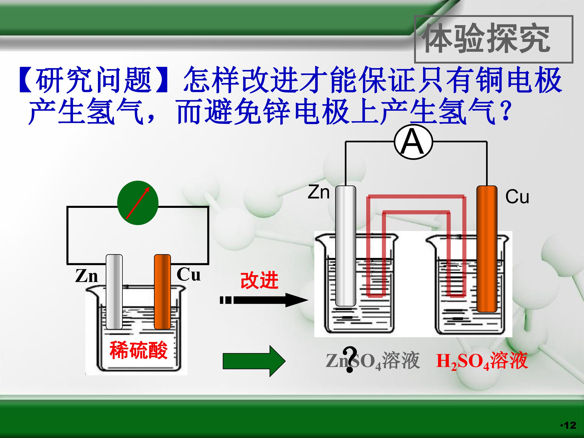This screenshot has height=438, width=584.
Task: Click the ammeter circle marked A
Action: point(413,142)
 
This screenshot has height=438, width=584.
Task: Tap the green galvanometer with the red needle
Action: point(138,203)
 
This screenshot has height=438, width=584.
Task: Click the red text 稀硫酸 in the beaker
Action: point(138,350)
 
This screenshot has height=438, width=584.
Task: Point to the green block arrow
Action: point(254,361)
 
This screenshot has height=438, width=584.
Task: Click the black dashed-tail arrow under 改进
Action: point(264,300)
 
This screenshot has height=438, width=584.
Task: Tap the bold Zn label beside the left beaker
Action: point(86,276)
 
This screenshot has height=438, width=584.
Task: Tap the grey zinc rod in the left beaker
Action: point(114,292)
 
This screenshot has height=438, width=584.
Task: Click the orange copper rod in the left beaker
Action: point(162,292)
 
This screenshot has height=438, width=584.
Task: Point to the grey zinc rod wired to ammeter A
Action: point(346,246)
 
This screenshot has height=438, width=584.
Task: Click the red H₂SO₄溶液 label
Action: point(482,361)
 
